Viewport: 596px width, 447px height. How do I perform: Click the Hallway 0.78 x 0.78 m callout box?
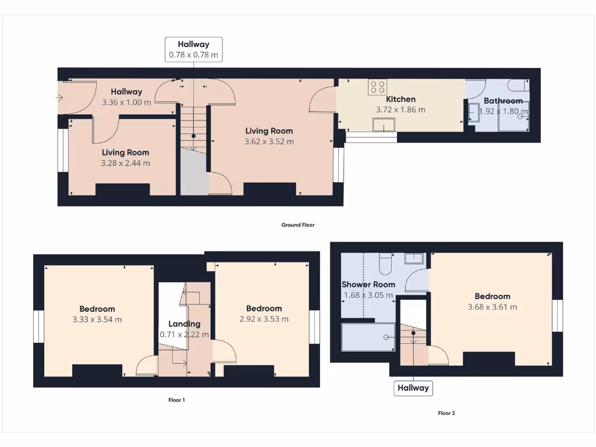tap(194, 49)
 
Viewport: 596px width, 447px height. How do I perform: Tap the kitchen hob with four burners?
tap(377, 87)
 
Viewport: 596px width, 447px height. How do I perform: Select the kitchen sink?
tap(384, 125)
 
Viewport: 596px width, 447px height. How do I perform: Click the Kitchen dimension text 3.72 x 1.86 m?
tap(400, 109)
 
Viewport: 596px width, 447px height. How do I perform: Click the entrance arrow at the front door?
tap(59, 98)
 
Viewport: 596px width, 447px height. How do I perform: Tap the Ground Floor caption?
tap(298, 225)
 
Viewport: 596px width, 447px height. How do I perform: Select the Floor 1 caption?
tap(176, 400)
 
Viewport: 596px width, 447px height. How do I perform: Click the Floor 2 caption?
tap(446, 413)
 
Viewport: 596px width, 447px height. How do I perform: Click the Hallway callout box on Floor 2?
tap(413, 388)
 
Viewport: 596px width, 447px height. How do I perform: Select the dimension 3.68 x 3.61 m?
tap(492, 307)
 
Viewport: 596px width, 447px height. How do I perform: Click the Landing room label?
tap(185, 324)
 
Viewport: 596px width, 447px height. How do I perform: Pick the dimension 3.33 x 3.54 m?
tap(97, 320)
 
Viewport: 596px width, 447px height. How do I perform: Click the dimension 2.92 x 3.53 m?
tap(264, 319)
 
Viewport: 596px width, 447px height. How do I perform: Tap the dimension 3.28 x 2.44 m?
tap(125, 163)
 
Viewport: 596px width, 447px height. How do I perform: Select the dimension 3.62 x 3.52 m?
tap(269, 141)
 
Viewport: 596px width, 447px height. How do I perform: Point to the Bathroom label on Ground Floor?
tap(503, 101)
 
